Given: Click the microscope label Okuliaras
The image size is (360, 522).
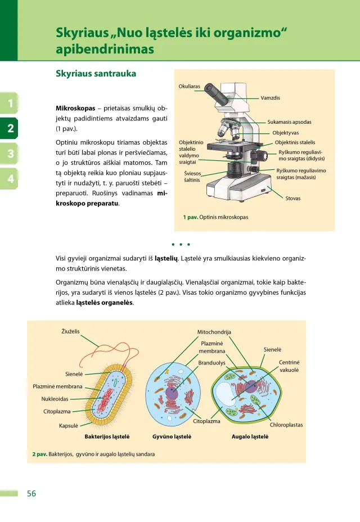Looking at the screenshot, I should (x=189, y=87).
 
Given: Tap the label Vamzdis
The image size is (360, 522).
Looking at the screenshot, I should (x=270, y=98).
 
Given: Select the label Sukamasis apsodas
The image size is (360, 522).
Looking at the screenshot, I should (x=289, y=121).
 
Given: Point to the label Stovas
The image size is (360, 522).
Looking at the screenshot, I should (x=293, y=198).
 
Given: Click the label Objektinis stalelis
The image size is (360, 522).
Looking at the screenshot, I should (x=295, y=142).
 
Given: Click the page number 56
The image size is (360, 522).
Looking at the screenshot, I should (x=31, y=493).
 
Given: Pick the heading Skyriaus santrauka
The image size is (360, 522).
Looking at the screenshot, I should (x=96, y=74).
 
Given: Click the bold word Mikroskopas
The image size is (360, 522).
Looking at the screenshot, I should (x=75, y=107).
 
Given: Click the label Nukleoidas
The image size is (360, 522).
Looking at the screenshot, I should (x=55, y=399).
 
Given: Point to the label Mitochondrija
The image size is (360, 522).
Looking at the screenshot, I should (x=214, y=332).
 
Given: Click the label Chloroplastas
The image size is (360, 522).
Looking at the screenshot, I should (x=286, y=425).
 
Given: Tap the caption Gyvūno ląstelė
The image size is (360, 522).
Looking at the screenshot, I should (x=172, y=436).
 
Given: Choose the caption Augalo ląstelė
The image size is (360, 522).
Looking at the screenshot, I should (x=250, y=436).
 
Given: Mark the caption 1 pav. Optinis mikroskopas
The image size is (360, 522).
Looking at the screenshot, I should (x=215, y=217).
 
